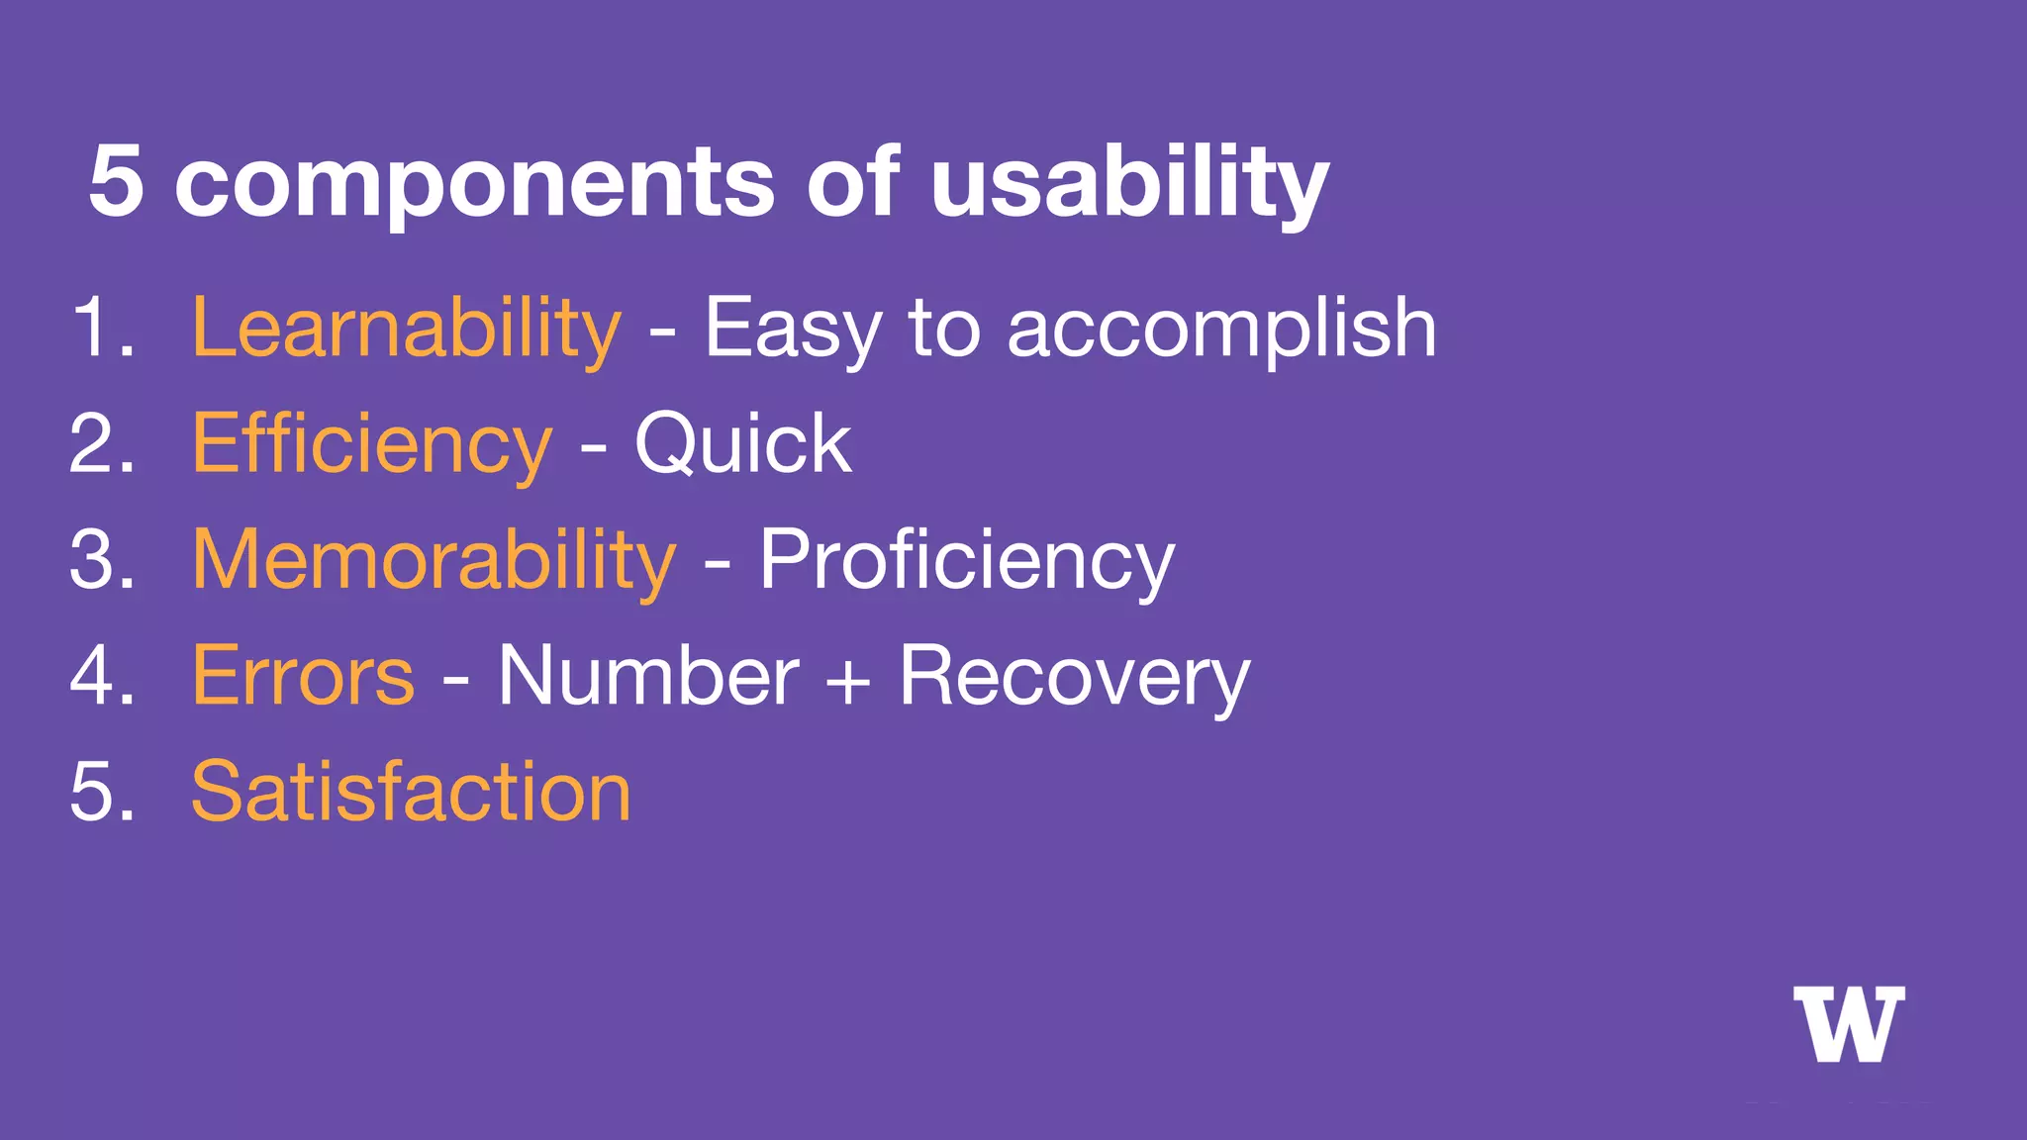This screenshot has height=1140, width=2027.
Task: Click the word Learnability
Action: coord(406,329)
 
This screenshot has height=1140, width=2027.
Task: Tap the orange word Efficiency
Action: coord(371,444)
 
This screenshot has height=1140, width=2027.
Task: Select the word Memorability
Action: coord(434,560)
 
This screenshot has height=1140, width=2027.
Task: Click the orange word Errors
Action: coord(303,676)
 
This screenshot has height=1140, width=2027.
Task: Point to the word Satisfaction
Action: coord(411,792)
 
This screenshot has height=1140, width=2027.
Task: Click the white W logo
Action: coord(1848,1024)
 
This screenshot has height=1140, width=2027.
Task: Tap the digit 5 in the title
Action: coord(116,181)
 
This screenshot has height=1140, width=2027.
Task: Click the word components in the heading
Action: coord(474,183)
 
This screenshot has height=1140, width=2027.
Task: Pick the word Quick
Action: coord(742,444)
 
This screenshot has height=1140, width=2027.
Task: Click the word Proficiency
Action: coord(966,560)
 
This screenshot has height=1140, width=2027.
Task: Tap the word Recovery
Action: coord(1074,676)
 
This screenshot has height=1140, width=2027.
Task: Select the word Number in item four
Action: coord(648,676)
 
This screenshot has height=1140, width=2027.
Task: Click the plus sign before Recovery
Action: coord(848,682)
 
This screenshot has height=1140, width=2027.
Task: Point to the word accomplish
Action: coord(1221,329)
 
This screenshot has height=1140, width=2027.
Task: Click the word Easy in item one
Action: coord(792,329)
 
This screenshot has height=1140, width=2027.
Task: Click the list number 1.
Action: coord(97,329)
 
